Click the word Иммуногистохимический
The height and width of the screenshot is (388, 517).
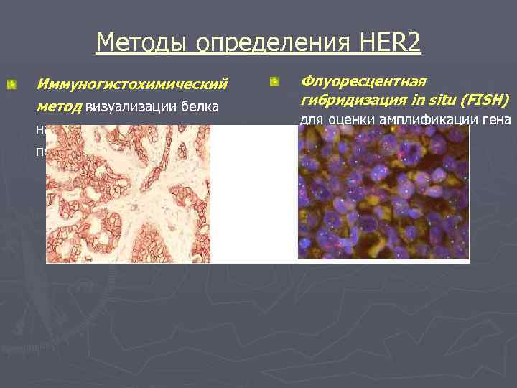coord(132,84)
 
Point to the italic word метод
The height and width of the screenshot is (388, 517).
coord(60,107)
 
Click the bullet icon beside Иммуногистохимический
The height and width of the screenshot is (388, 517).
coord(11,86)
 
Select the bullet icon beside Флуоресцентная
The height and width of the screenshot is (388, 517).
coord(274,83)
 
